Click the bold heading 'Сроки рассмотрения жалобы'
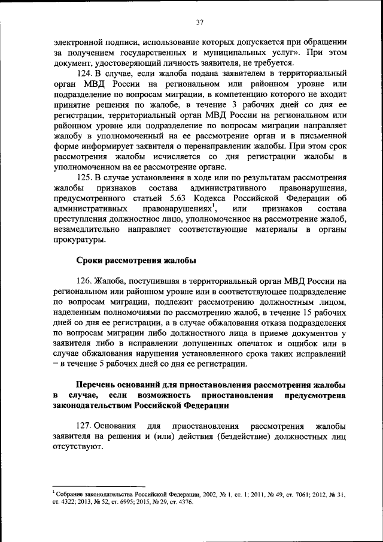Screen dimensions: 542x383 point(136,259)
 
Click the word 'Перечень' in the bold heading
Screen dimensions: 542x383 point(96,384)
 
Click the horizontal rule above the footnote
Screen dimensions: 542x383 point(99,487)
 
